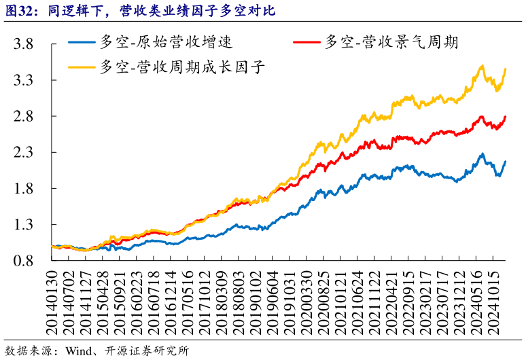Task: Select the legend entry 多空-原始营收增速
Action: (166, 42)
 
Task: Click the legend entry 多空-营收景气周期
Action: (391, 42)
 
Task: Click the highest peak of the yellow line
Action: (482, 66)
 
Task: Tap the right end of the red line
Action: (506, 117)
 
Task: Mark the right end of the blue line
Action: (506, 162)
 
